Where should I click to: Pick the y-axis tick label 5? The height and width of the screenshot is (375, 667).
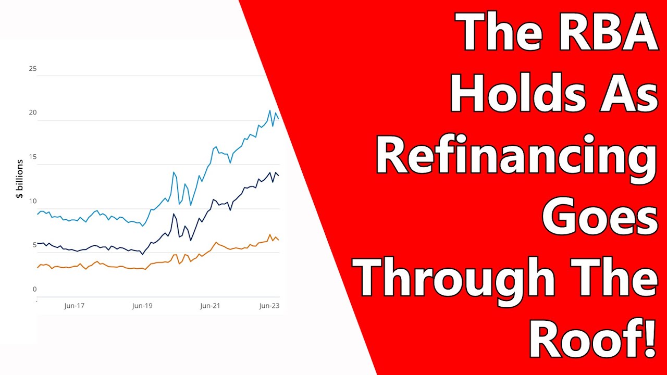tap(34, 245)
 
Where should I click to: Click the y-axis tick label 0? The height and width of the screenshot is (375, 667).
tap(35, 289)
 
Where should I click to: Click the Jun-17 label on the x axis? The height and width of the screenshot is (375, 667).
tap(74, 306)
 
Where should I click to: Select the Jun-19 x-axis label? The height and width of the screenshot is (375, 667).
tap(142, 306)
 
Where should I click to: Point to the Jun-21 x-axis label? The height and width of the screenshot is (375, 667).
tap(210, 306)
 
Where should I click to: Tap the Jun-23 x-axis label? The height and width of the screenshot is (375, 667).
tap(269, 306)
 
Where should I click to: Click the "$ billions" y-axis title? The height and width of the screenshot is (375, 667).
tap(20, 179)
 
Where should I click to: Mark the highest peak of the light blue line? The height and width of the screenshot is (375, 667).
tap(270, 110)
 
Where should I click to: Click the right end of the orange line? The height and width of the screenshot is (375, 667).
tap(279, 240)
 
